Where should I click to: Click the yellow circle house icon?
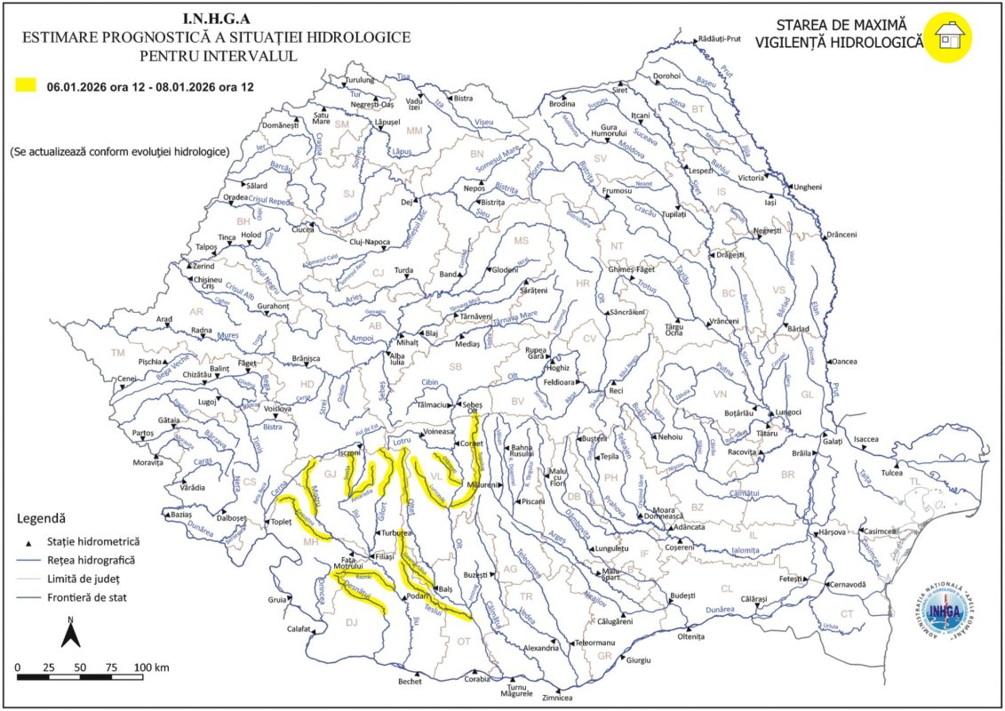coord(946,37)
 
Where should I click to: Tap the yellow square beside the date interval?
coord(26,86)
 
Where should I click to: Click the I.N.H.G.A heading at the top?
coord(216,17)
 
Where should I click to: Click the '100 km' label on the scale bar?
coord(151,667)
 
